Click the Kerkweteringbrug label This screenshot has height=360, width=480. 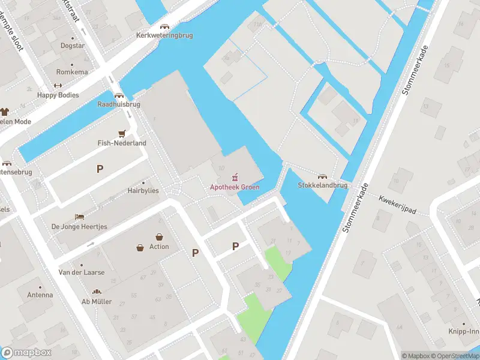(164, 35)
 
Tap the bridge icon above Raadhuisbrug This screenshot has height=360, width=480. (119, 95)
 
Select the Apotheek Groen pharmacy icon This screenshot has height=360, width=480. (235, 178)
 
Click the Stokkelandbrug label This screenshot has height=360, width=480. (323, 185)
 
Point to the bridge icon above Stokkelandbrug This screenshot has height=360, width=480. (323, 176)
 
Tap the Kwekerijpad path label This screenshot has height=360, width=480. (398, 205)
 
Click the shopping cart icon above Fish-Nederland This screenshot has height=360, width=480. (122, 134)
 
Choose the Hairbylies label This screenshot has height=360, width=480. (143, 191)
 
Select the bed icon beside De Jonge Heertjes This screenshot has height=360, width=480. (79, 217)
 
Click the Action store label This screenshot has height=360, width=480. (159, 247)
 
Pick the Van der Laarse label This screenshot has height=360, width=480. (81, 272)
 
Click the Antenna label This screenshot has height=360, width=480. (40, 295)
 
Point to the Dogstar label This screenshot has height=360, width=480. (72, 46)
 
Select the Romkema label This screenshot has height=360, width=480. (72, 72)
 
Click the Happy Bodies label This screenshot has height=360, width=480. (58, 95)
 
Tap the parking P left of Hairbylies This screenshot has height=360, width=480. (100, 169)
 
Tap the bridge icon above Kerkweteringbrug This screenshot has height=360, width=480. (164, 26)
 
